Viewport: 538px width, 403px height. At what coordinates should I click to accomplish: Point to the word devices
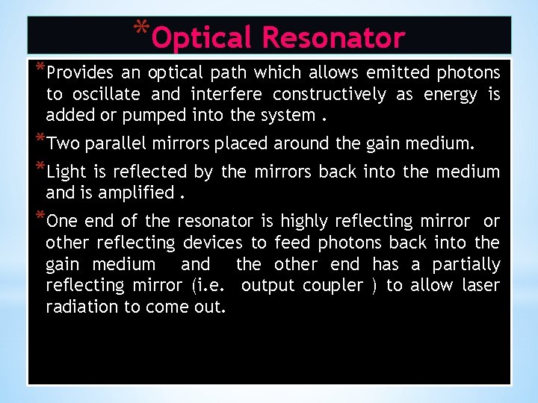(212, 243)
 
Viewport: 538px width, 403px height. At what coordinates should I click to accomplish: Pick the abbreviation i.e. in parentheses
(211, 286)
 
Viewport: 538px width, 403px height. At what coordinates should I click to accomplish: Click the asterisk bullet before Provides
(40, 69)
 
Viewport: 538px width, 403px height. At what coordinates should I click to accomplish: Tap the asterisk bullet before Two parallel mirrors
(40, 139)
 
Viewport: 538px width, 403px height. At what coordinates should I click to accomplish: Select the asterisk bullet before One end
(40, 217)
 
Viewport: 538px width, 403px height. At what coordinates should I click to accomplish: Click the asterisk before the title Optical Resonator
(141, 28)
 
